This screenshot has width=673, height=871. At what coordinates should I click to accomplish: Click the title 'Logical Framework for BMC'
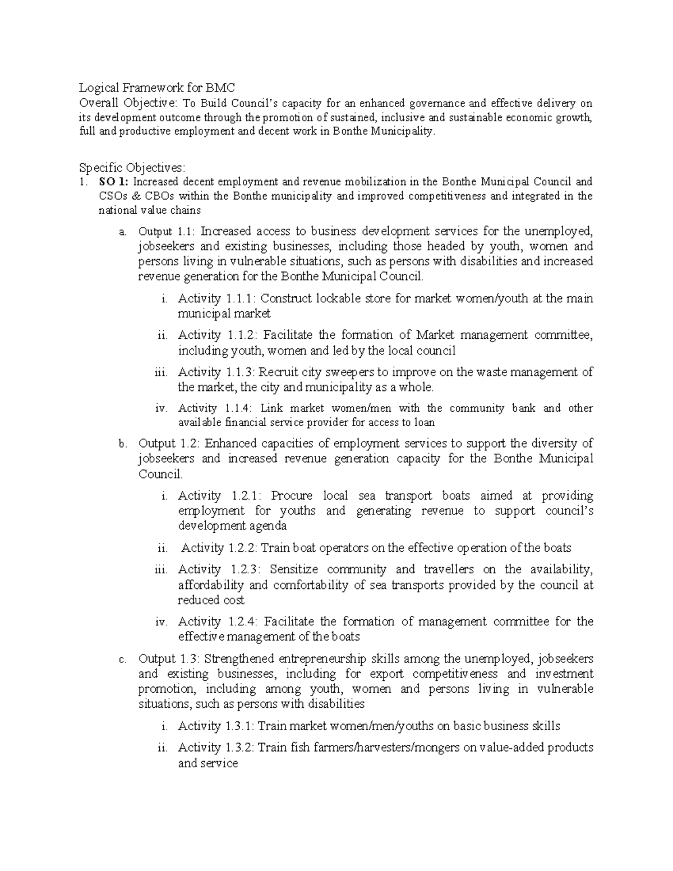(156, 87)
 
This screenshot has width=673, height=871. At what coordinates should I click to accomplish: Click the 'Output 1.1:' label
(167, 231)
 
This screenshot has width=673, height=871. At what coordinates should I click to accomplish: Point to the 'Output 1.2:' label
(167, 444)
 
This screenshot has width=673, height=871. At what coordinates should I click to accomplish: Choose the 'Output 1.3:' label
(167, 658)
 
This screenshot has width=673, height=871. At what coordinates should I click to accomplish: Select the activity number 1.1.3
(241, 372)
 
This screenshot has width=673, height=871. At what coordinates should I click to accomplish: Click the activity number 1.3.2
(240, 748)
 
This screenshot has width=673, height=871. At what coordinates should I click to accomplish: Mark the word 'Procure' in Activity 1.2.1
(291, 496)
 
